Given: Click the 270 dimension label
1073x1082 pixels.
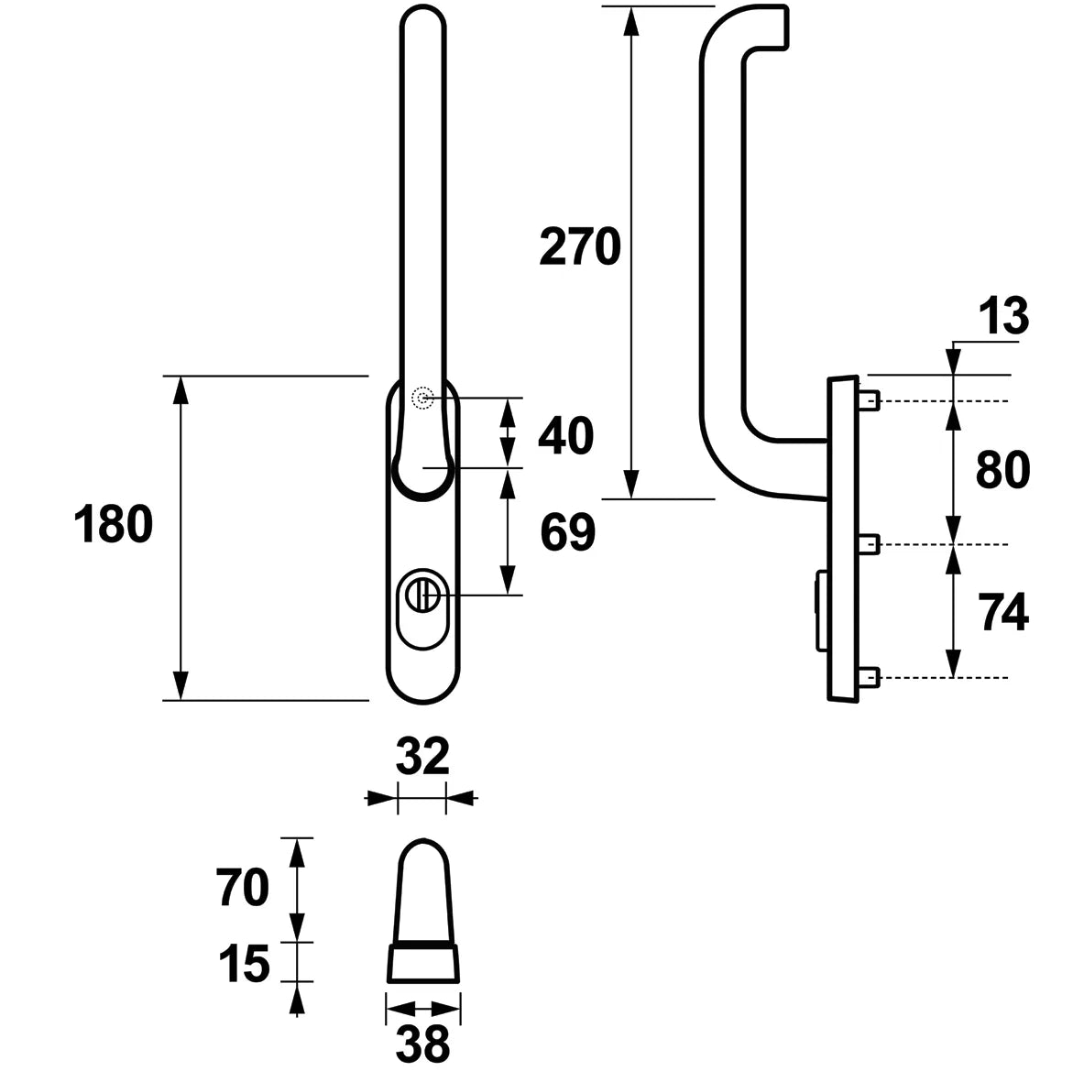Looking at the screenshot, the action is coord(580,246).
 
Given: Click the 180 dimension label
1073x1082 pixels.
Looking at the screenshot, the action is coord(113,524).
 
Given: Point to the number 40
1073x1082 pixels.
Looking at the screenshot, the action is coord(566,436).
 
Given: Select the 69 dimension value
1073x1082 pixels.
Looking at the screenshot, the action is coord(567,532).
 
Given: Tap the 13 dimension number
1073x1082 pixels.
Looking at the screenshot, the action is coord(1003,316).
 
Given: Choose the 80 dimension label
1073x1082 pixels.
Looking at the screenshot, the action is coord(1002,471).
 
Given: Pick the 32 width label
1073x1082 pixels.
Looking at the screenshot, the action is coord(422,756).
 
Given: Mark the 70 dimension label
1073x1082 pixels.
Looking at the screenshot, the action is coord(242,888).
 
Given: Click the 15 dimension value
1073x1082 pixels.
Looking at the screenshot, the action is coord(244,964).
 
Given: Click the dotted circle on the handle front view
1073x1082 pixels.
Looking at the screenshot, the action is coord(422,399).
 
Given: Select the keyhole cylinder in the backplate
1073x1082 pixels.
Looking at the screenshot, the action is coord(423,608).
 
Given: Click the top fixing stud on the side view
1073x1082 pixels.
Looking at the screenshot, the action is coord(870,400).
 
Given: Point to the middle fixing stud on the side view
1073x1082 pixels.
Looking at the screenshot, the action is coord(870,544).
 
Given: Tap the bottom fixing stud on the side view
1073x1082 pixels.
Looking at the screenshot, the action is coord(870,678).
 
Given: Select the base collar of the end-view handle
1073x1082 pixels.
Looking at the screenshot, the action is coord(423,964).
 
